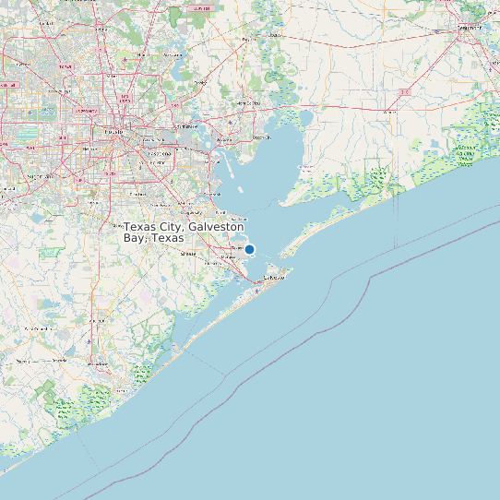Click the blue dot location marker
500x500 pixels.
click(x=249, y=249)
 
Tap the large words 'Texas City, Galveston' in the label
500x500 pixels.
click(x=184, y=226)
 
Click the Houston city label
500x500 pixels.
click(x=113, y=133)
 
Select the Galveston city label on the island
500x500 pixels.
click(x=275, y=277)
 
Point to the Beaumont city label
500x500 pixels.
click(x=470, y=27)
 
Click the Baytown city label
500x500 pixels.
click(x=224, y=140)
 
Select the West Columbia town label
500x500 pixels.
click(x=40, y=328)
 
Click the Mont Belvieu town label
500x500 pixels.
click(x=250, y=102)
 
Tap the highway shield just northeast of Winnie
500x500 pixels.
click(x=404, y=92)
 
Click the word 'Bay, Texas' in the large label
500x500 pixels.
click(x=153, y=238)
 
